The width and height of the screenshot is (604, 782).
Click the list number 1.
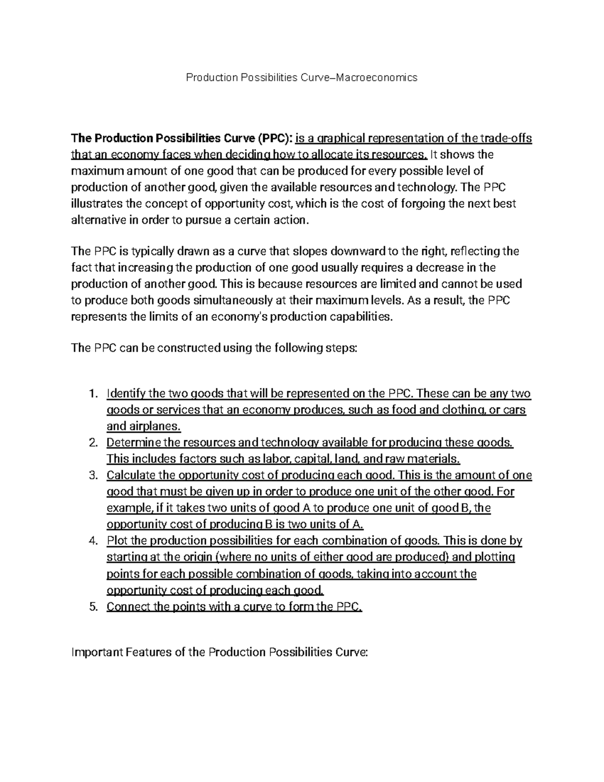click(92, 394)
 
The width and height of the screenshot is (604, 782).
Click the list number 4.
click(92, 541)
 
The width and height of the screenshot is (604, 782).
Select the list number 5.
click(92, 607)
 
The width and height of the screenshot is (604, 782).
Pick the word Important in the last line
click(97, 653)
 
